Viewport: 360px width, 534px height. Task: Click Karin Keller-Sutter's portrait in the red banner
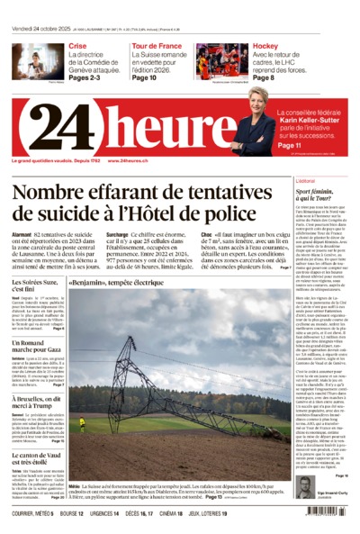click(x=253, y=127)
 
